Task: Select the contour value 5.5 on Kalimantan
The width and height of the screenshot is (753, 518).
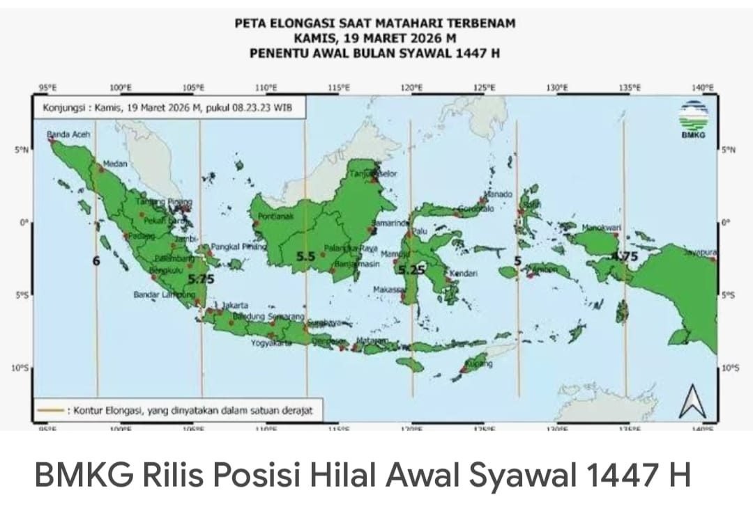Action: [306, 256]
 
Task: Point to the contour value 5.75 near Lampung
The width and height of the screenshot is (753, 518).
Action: [201, 278]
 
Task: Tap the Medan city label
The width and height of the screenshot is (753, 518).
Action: [114, 164]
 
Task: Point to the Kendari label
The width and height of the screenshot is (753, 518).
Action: [464, 274]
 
